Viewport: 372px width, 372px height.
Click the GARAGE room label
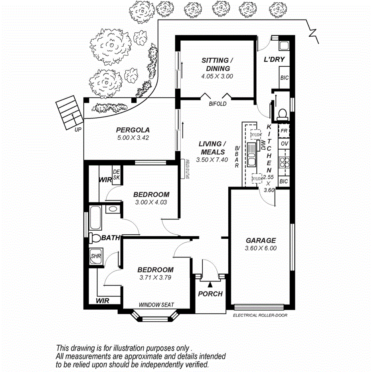[261, 240]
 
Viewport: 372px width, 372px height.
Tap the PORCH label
[210, 294]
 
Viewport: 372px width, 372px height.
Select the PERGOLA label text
[133, 130]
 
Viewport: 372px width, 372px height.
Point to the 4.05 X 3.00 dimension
[217, 76]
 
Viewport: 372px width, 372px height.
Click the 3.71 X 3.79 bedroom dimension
[155, 278]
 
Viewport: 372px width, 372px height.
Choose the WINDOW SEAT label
[156, 305]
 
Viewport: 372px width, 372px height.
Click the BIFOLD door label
[218, 104]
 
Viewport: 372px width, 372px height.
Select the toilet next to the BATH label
[95, 238]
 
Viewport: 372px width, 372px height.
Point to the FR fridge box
[284, 131]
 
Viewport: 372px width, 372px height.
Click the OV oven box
[284, 144]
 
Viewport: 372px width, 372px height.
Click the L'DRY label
[274, 60]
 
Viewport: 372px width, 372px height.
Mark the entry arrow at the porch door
[210, 284]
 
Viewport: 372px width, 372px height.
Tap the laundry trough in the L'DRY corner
[284, 45]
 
